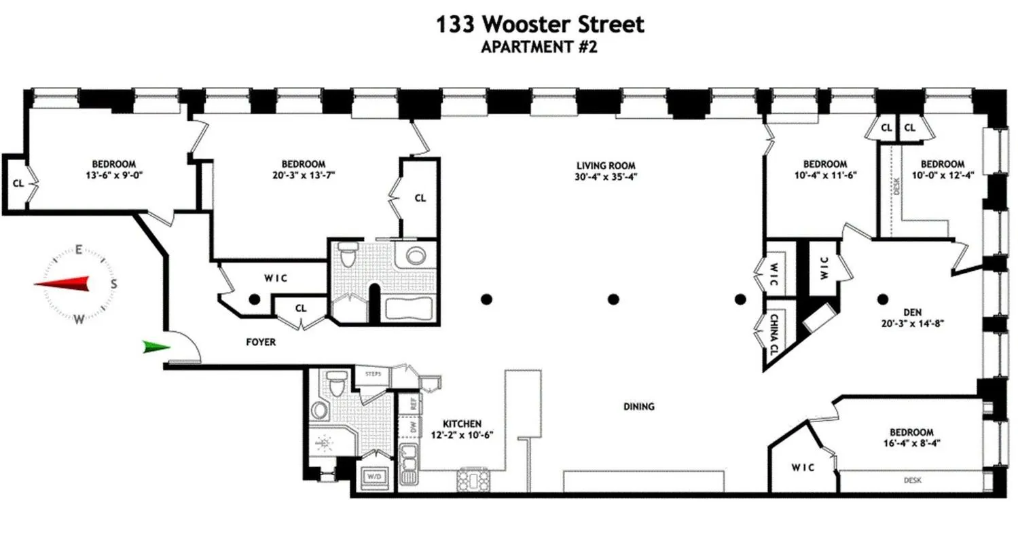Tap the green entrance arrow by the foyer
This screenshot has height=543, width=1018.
coord(156,348)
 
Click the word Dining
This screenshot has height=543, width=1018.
coord(638,407)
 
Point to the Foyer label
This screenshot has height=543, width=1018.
coord(261,342)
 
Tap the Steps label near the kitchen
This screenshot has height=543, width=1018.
coord(373,374)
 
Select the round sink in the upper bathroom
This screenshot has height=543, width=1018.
coord(415,256)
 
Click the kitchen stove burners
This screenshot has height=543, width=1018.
coord(471,480)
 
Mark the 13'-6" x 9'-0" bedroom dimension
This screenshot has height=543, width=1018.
coord(113,174)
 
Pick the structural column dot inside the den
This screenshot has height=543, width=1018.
coord(883,298)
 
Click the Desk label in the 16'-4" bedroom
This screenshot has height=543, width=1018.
coord(912,481)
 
